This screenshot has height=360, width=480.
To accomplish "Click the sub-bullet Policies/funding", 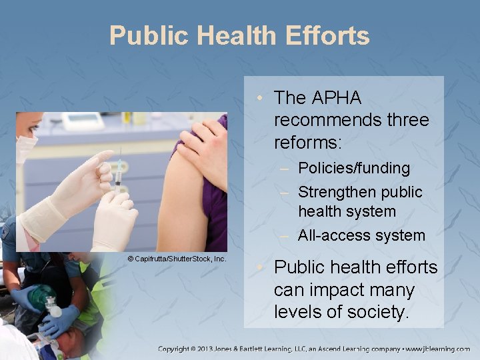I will [353, 169].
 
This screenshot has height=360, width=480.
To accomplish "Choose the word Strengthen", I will [337, 192].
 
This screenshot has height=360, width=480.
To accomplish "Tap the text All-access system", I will [361, 235].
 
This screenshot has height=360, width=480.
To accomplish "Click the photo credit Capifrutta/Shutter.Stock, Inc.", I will [177, 258].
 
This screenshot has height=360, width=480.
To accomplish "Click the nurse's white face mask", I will [26, 148].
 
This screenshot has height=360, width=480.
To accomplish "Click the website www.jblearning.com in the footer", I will [437, 348].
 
